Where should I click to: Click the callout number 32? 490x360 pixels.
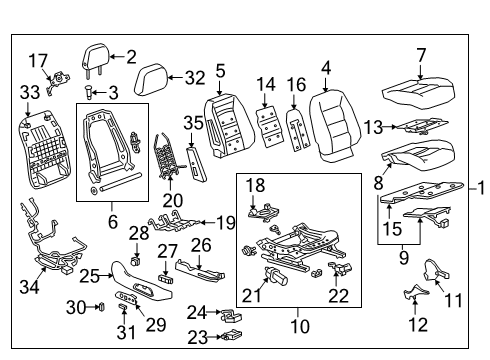[x=194, y=75]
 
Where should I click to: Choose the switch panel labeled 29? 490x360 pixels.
[x=129, y=299]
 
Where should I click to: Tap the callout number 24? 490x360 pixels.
[x=198, y=312]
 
